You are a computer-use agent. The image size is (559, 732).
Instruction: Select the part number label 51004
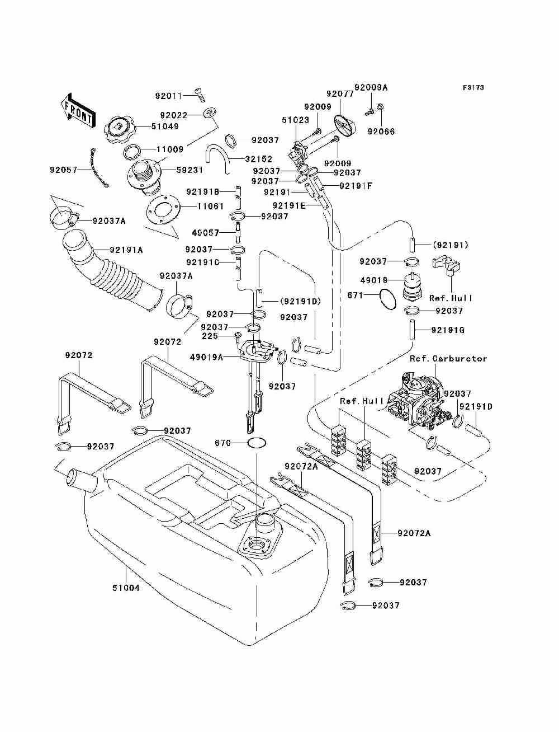pyautogui.click(x=126, y=597)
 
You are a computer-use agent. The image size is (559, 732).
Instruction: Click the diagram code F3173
pyautogui.click(x=473, y=88)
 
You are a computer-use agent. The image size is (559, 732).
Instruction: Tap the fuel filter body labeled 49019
pyautogui.click(x=413, y=286)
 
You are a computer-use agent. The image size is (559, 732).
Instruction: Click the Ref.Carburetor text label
pyautogui.click(x=448, y=359)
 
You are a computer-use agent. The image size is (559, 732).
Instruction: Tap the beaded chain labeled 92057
pyautogui.click(x=99, y=168)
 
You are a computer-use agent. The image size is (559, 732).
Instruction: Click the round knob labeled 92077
pyautogui.click(x=345, y=125)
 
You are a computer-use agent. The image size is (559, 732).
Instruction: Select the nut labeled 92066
pyautogui.click(x=380, y=107)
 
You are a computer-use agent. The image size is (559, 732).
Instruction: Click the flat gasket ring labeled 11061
pyautogui.click(x=163, y=211)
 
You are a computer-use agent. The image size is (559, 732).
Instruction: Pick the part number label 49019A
pyautogui.click(x=206, y=357)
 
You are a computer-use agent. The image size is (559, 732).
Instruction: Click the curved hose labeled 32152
pyautogui.click(x=217, y=158)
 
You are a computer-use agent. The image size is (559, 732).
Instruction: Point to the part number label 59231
pyautogui.click(x=189, y=170)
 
